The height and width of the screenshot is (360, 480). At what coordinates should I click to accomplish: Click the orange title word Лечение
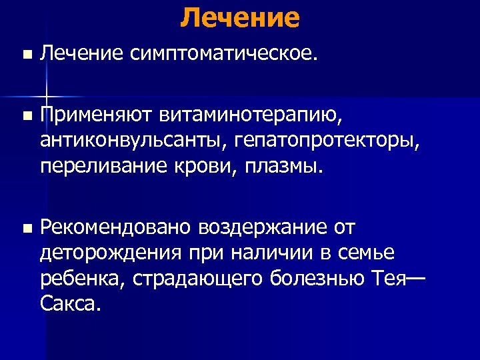tap(240, 17)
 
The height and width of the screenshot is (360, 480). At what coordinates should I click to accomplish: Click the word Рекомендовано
tap(115, 228)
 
